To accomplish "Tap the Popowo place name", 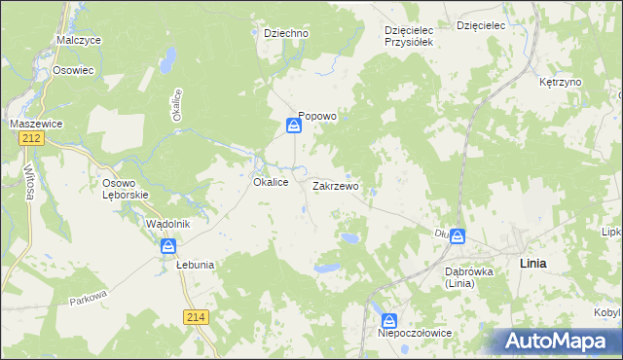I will [317, 116].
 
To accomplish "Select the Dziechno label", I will [286, 33].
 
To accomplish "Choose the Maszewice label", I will [36, 124].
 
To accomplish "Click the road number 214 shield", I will [196, 315].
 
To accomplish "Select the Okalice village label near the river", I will [270, 182].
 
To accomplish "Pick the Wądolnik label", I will [166, 224].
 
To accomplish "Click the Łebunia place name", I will [195, 264].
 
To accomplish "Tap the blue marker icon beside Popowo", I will [293, 126].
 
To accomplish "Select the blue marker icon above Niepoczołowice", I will [389, 320].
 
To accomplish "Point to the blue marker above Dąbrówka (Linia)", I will [457, 236].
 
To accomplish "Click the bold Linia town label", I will [533, 264].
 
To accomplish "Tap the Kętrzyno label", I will [560, 82].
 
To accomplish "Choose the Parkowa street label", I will [87, 298].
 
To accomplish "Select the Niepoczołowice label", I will [415, 334].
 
